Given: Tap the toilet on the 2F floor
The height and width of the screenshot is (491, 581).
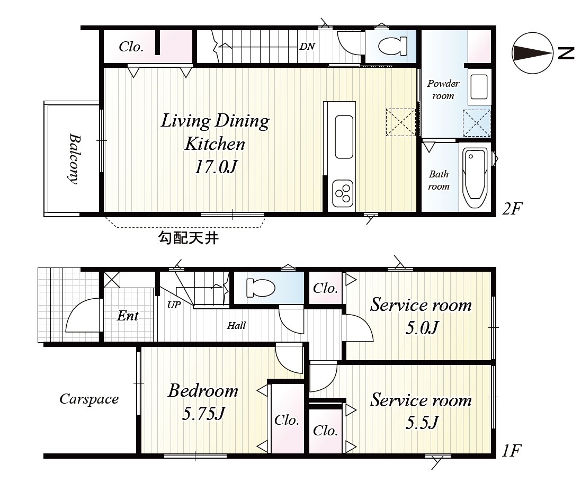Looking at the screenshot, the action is (392, 46).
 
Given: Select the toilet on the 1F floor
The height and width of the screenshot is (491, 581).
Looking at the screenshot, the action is (261, 288).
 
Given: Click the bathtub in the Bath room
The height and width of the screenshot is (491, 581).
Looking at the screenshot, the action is (475, 178).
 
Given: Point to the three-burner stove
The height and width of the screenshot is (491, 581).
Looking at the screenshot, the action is (343, 193).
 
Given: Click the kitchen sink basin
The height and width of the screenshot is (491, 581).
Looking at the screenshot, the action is (344, 137).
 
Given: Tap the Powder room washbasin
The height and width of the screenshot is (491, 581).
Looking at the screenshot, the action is (479, 87).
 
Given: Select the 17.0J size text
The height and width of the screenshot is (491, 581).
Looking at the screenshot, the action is (216, 167).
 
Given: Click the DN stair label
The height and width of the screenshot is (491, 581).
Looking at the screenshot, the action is (307, 46).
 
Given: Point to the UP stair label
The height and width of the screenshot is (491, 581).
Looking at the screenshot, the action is (174, 305).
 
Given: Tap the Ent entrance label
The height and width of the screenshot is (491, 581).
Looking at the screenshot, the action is (128, 316).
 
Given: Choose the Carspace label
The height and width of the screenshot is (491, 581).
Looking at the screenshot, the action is (89, 399).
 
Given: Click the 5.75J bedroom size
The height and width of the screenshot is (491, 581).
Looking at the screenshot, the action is (203, 413).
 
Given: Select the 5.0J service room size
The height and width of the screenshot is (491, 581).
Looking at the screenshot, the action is (422, 327).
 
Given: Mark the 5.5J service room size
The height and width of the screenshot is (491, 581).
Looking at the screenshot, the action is (422, 423).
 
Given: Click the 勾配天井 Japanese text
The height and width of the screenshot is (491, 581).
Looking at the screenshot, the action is (189, 237).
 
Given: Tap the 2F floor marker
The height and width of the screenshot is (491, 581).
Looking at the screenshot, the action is (512, 209).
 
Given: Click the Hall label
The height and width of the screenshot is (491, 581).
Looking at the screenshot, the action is (236, 326).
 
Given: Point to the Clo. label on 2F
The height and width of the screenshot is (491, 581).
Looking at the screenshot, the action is (131, 47).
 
